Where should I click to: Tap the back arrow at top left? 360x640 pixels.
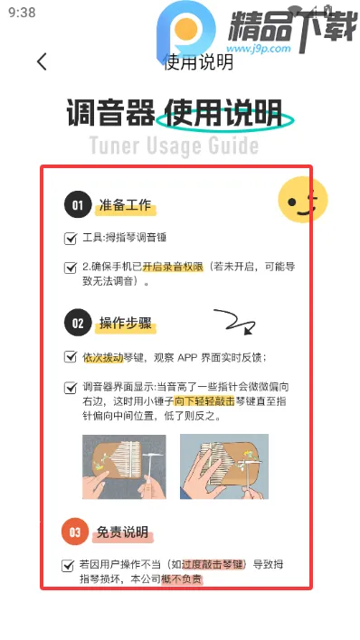42,61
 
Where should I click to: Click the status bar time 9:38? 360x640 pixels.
21,13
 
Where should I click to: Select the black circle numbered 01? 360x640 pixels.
78,205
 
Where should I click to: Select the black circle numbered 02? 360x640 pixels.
78,323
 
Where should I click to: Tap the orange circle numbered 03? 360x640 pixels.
75,532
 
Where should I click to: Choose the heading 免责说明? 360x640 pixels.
122,532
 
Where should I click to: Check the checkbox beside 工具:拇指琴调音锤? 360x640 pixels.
71,239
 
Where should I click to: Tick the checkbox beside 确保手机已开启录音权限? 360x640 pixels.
71,268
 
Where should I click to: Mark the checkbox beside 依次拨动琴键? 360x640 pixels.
71,357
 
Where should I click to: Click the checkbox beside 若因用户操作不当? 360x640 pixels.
68,565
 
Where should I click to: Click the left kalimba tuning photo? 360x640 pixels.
124,467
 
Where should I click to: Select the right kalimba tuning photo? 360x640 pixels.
223,467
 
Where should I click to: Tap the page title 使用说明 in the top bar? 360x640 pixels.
197,62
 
